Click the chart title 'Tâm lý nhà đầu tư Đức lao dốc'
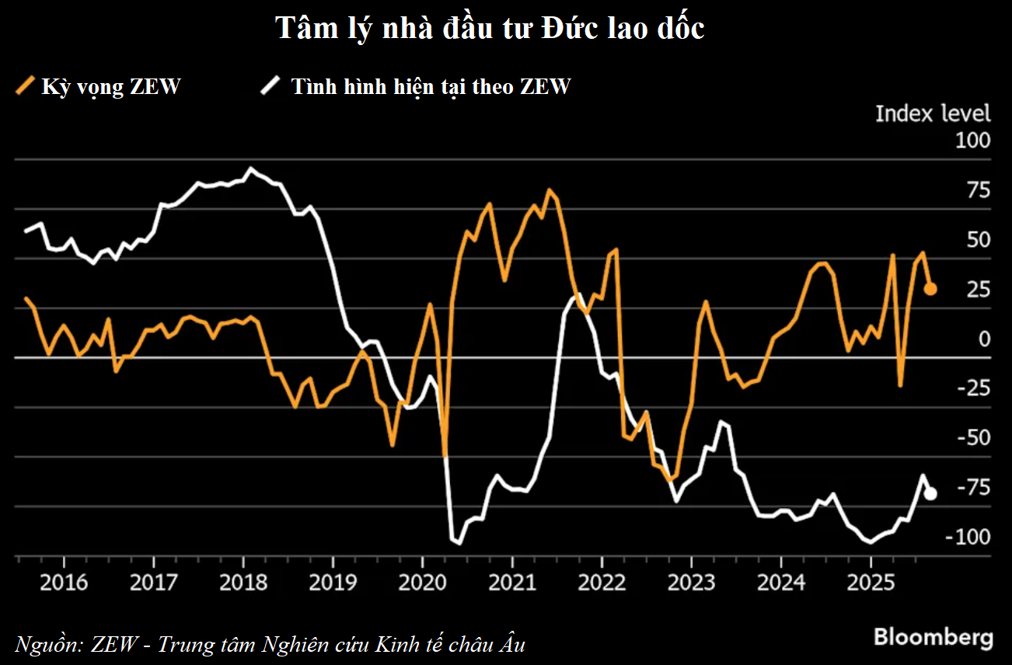coord(490,28)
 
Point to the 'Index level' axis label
coord(933,113)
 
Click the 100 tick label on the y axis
coord(972,141)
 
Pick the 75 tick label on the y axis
coord(978,190)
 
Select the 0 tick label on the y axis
coord(984,339)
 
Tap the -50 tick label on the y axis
coord(975,438)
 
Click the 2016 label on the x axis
coord(63,582)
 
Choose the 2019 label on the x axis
coord(333,582)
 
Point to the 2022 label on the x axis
coord(602,582)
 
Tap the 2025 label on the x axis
coord(871,582)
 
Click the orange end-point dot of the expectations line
coord(930,289)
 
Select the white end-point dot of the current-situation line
coord(930,493)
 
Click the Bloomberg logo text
coord(933,637)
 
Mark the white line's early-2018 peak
coord(250,169)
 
